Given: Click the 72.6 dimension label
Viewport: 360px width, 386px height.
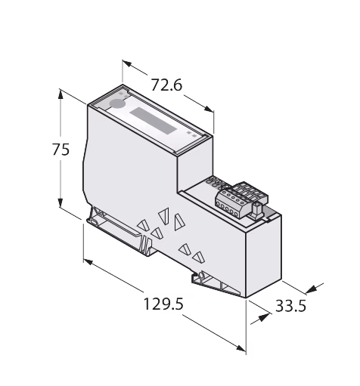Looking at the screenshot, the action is tap(166, 85).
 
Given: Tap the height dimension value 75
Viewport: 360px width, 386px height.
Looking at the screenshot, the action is tap(61, 150).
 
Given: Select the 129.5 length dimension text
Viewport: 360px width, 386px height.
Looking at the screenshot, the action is tap(163, 304).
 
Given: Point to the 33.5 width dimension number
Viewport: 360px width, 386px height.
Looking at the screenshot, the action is tap(290, 306).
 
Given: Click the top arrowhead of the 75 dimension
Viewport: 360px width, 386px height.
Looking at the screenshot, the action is tap(61, 95).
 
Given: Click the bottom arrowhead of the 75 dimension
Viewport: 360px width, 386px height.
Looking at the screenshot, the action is tap(61, 202).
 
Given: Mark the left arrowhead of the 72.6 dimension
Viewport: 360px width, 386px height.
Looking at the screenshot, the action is tap(127, 63).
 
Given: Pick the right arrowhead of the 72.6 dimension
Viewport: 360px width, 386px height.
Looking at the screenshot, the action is tap(209, 109).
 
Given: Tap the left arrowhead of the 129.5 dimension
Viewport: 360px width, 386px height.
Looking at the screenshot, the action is tap(88, 262).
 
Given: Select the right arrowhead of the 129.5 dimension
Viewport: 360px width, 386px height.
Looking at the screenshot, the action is tap(241, 348).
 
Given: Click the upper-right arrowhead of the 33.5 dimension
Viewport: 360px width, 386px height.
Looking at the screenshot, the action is tap(311, 289).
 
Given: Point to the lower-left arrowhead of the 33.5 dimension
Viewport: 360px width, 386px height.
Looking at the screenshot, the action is tap(263, 317).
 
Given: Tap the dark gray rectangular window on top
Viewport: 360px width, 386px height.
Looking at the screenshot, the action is tap(154, 121).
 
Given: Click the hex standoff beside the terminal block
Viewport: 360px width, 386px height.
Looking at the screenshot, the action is tap(257, 211).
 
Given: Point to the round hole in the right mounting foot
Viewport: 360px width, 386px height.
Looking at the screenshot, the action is tap(202, 275).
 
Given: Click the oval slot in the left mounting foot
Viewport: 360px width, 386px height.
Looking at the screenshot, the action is tap(94, 222).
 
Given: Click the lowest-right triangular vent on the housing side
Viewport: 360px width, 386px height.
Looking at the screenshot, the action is tap(199, 257).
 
